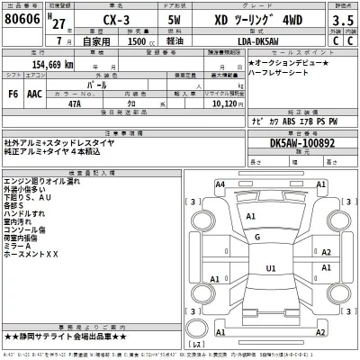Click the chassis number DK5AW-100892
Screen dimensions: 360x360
[x=297, y=143]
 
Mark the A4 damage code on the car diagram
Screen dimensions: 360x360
[x=220, y=184]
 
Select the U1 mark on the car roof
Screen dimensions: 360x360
[x=271, y=267]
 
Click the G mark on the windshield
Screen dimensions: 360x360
[x=258, y=237]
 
